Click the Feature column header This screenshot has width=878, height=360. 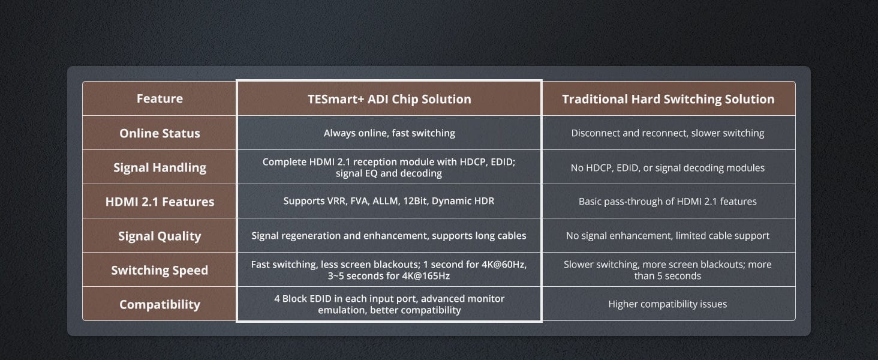click(x=160, y=98)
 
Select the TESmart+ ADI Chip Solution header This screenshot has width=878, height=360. click(x=389, y=99)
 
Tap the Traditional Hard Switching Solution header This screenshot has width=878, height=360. click(x=668, y=99)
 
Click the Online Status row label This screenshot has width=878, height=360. click(x=160, y=133)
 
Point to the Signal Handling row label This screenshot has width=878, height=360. click(x=160, y=168)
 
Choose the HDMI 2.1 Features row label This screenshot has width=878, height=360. click(x=160, y=202)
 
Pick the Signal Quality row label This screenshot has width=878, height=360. click(x=160, y=236)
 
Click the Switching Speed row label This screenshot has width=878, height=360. click(x=160, y=270)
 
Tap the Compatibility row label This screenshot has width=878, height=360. click(x=160, y=304)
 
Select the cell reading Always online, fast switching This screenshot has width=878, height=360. click(x=389, y=133)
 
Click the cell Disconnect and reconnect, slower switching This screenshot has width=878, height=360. click(x=667, y=133)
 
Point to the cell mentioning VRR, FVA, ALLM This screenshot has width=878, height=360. click(x=389, y=201)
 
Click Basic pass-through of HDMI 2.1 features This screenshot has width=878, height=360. click(x=667, y=202)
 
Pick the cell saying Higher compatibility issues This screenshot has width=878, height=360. click(x=667, y=304)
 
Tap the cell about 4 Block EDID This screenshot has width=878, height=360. click(x=389, y=304)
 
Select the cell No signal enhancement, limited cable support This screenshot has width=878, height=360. click(x=667, y=236)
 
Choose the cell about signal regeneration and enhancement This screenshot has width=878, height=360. click(x=389, y=236)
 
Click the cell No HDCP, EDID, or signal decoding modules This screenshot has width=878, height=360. click(x=667, y=168)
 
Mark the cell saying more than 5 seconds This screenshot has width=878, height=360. click(x=667, y=270)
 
